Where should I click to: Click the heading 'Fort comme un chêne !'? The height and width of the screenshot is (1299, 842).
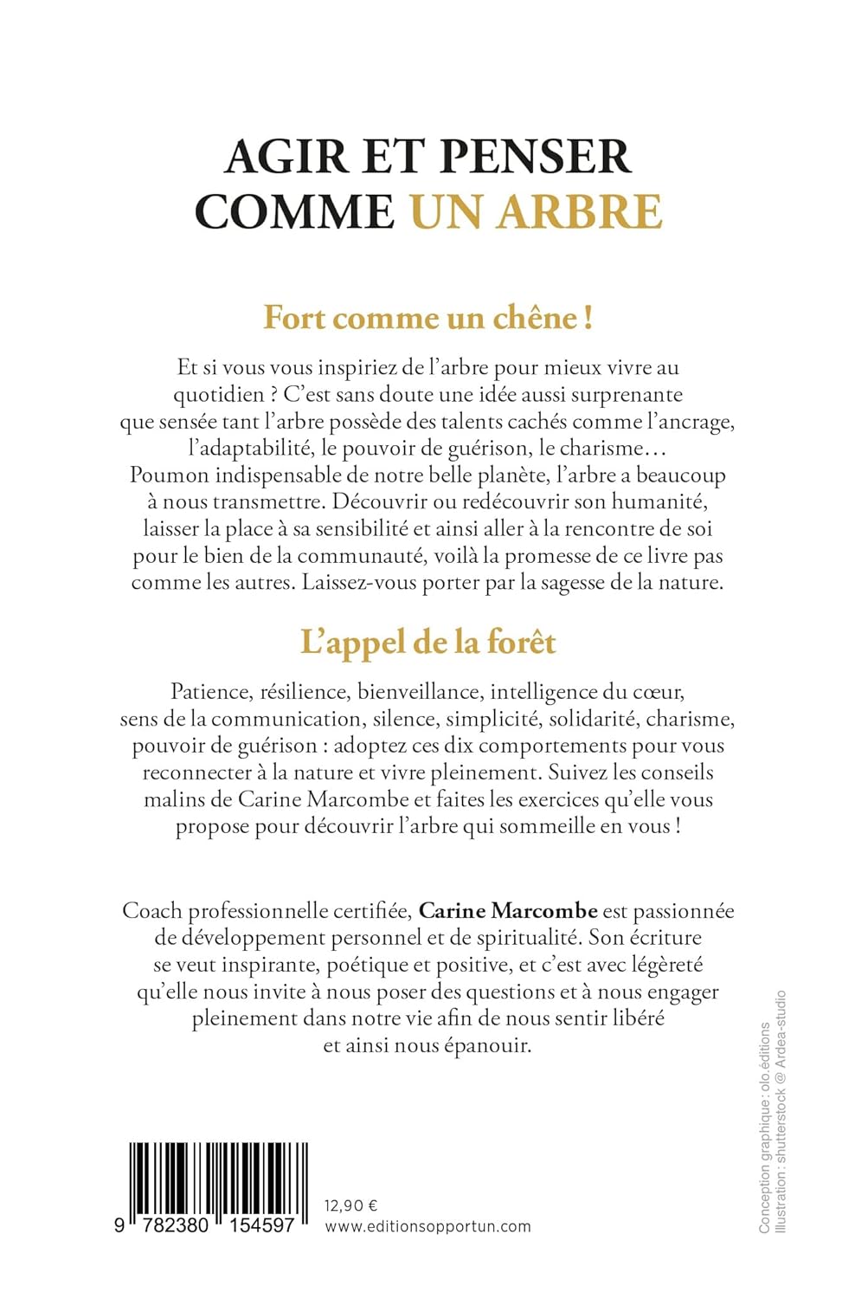pyautogui.click(x=427, y=318)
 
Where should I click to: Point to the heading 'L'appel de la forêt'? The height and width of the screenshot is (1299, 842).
pyautogui.click(x=427, y=643)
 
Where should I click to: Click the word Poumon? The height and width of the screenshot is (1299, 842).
pyautogui.click(x=169, y=475)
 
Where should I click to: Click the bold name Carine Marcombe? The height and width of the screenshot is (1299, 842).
pyautogui.click(x=508, y=911)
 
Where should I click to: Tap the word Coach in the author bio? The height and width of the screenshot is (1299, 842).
pyautogui.click(x=152, y=911)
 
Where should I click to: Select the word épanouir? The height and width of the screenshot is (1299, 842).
pyautogui.click(x=487, y=1045)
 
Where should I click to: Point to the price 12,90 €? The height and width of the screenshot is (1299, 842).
pyautogui.click(x=350, y=1205)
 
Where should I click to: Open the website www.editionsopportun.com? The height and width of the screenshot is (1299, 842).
pyautogui.click(x=427, y=1226)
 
